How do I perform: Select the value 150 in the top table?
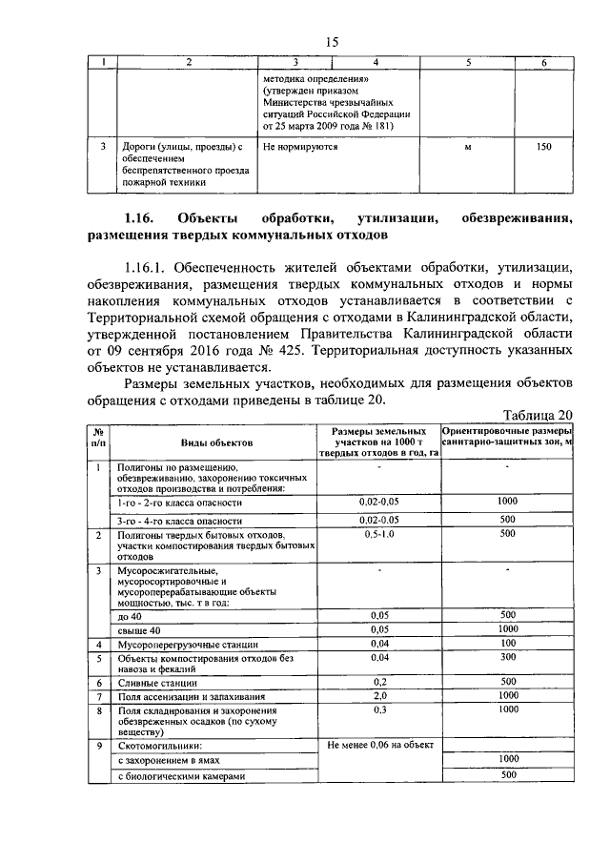pos(543,148)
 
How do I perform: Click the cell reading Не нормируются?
pos(300,148)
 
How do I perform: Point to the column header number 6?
pos(543,63)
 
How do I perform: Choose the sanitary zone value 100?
pos(507,645)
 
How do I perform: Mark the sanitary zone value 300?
pos(507,658)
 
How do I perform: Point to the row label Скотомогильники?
pos(161,746)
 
